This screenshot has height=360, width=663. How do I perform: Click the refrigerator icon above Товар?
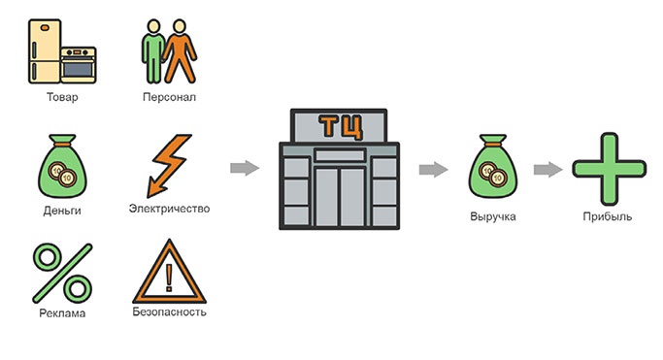point(45,51)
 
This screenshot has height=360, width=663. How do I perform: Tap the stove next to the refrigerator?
point(79,65)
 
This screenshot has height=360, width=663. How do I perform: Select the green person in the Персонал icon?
point(152,51)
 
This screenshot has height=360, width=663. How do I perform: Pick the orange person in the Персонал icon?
point(181,51)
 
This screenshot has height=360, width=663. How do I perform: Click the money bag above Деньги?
point(62,166)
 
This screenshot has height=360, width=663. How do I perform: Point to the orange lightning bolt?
point(169,166)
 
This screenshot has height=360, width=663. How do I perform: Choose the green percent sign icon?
point(62,273)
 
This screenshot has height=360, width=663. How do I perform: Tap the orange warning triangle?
point(169,272)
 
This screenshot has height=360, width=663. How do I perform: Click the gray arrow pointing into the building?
point(245,168)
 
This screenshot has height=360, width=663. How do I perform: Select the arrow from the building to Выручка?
point(433,170)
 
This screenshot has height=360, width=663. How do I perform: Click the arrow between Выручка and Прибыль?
point(548,170)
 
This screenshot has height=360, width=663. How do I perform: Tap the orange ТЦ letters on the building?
point(341,126)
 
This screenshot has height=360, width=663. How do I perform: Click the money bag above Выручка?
point(493,166)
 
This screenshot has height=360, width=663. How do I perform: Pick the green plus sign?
point(610,169)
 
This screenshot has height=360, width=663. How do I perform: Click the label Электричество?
point(169,209)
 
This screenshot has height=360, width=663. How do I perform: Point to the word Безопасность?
point(169,311)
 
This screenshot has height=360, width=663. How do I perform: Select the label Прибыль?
point(608,216)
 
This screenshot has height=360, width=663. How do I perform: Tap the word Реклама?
point(62,313)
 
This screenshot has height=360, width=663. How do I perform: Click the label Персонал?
point(169,97)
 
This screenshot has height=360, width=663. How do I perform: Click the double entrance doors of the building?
point(340,197)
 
